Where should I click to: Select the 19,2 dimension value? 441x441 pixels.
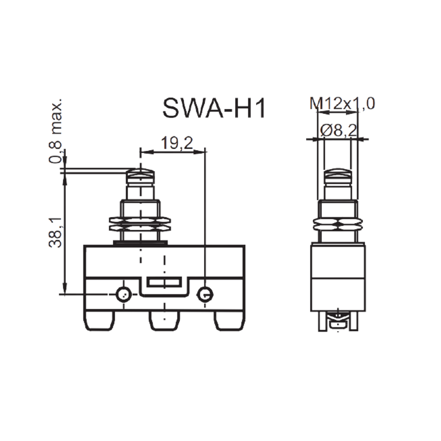click(x=177, y=143)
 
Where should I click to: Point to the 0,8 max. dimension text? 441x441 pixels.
click(x=55, y=131)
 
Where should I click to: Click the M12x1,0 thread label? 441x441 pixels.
click(x=342, y=104)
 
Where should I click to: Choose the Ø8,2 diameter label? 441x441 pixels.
click(x=338, y=130)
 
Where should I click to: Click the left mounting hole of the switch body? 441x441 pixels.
click(x=123, y=295)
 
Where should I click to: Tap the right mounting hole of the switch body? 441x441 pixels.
click(x=206, y=295)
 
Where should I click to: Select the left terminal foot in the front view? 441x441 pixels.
click(x=100, y=321)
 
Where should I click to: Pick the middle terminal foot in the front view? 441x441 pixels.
click(x=164, y=321)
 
